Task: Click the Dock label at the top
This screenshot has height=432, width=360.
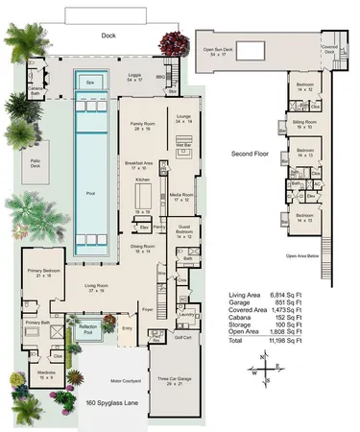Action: click(108, 36)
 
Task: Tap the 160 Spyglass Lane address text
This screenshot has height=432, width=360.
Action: click(108, 403)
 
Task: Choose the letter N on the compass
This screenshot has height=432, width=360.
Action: click(264, 356)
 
